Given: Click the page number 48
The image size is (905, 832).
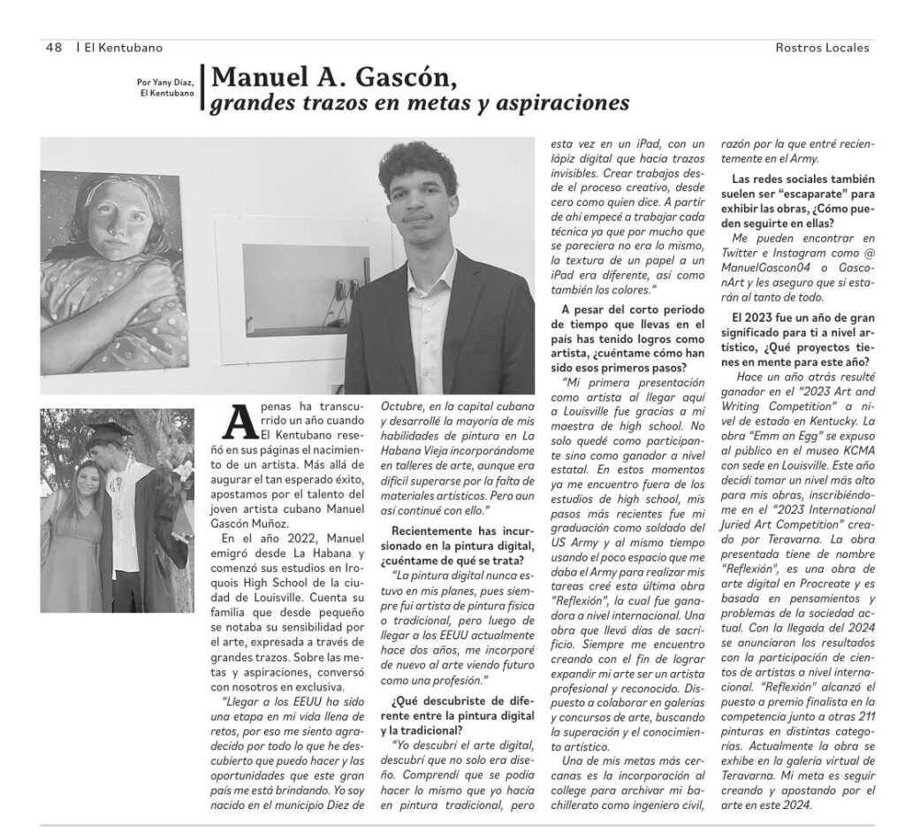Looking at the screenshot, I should tap(53, 48).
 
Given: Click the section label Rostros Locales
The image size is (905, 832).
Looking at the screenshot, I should tap(821, 48).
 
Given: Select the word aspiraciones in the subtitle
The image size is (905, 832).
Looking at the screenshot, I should tap(566, 104).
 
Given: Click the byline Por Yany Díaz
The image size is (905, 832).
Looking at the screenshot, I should tap(164, 81).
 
